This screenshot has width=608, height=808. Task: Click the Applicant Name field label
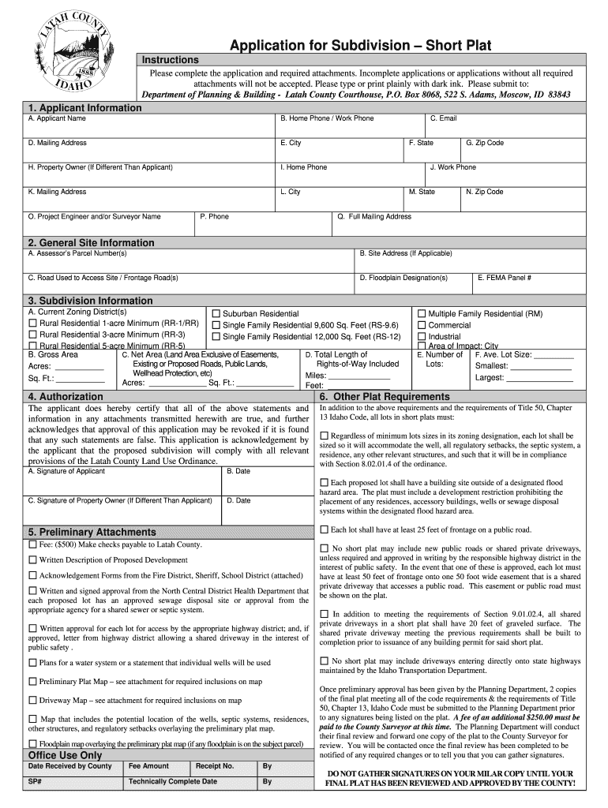57,118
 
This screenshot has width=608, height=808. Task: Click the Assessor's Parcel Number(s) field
190,260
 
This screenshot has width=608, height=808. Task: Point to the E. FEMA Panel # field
528,283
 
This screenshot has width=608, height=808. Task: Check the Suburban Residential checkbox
216,314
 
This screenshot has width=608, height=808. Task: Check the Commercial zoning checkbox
422,325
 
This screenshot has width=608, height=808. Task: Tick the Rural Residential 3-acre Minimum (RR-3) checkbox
32,335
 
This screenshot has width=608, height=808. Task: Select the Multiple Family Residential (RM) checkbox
422,314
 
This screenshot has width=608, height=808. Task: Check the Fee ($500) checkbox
32,545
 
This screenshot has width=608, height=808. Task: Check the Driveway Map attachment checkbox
32,700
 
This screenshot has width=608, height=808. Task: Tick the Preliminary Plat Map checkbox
32,681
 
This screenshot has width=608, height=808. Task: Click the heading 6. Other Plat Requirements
385,396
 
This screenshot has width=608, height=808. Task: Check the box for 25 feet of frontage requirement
324,529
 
